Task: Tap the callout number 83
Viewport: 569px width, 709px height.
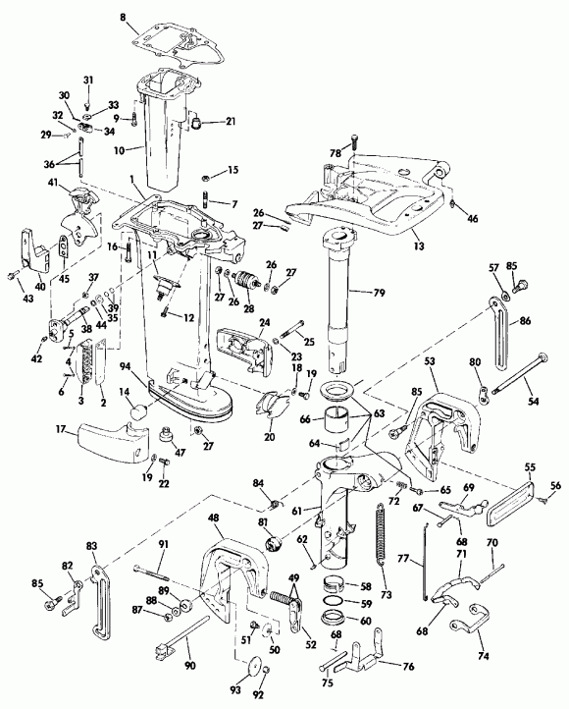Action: coord(93,545)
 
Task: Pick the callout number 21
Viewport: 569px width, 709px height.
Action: coord(231,122)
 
